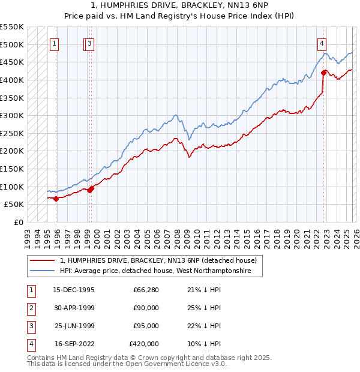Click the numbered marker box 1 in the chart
54,43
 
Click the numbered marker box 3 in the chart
89,43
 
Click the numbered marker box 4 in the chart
322,43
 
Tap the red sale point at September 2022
323,73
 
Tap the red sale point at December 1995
56,199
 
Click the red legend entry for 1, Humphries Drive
158,260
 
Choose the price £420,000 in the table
144,344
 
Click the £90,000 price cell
146,308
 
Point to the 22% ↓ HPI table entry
205,326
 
